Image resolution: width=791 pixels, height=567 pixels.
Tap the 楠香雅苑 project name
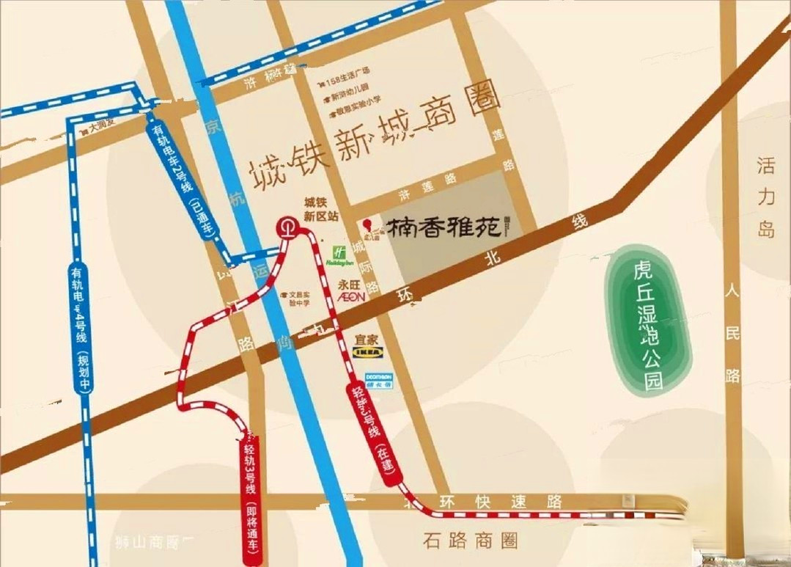click(444, 229)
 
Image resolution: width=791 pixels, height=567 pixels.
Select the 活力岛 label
click(766, 197)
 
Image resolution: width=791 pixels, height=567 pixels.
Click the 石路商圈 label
click(470, 541)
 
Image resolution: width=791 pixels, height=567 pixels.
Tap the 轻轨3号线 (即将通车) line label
click(251, 499)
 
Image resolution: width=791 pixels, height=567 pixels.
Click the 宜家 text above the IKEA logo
click(367, 339)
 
